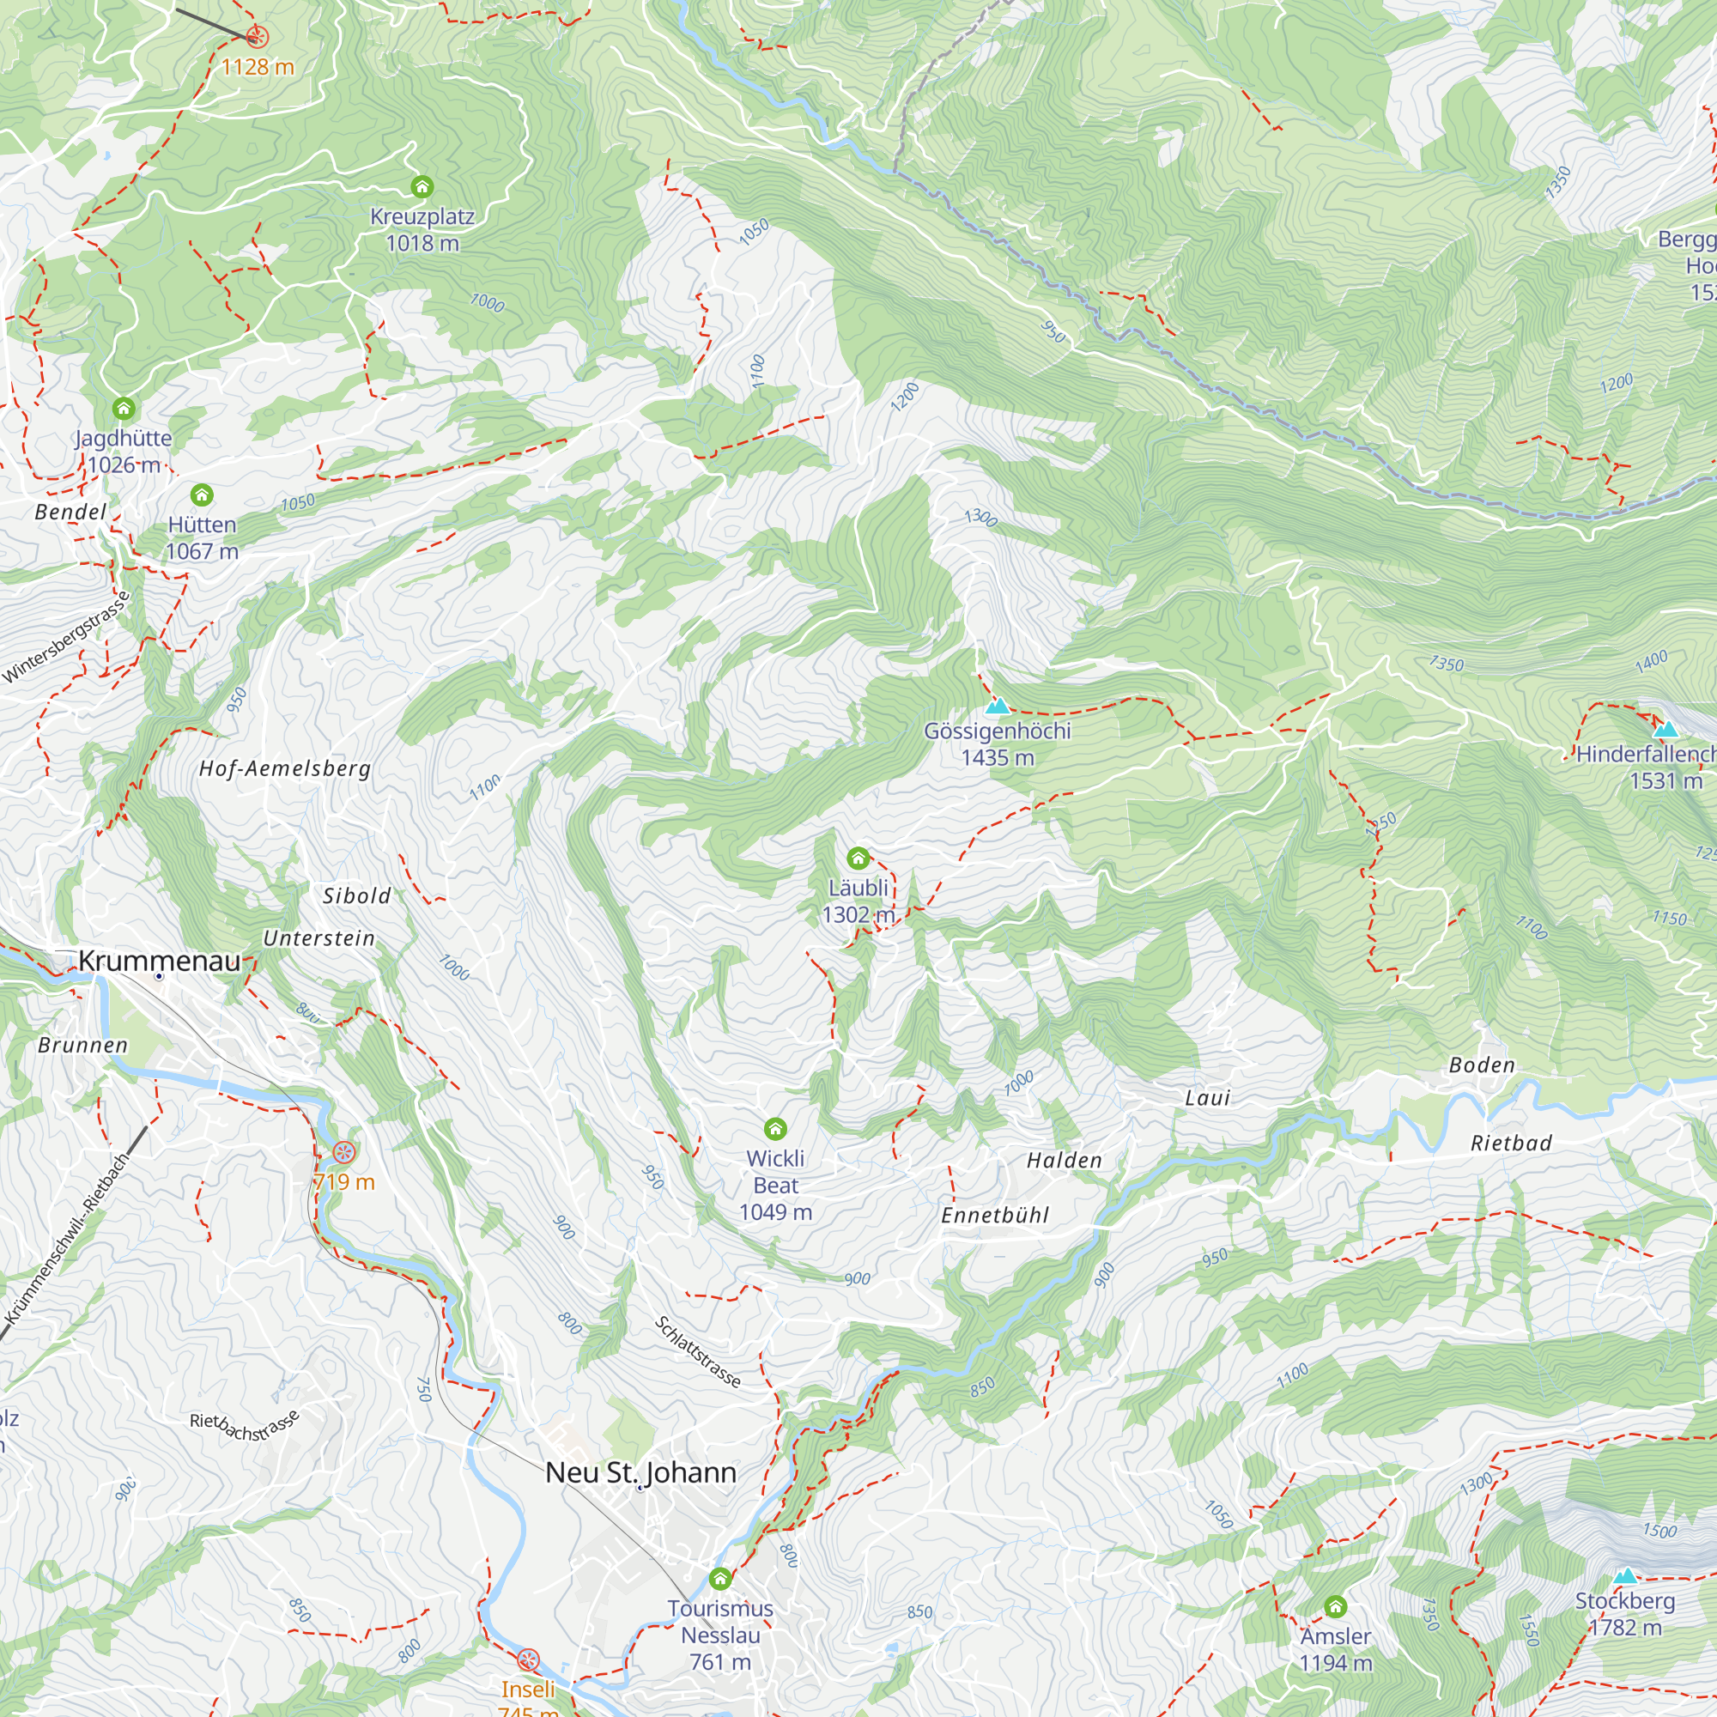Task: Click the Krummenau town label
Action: pos(160,961)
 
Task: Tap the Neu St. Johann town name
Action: pos(640,1472)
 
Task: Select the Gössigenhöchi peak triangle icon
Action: pos(997,707)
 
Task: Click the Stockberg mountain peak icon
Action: pos(1625,1576)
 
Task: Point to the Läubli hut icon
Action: pos(858,858)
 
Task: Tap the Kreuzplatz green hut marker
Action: pos(422,186)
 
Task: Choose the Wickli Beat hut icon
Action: pos(776,1129)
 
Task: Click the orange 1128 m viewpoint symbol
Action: pos(257,36)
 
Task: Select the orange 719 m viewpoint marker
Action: pos(344,1153)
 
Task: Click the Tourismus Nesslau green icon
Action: pos(720,1580)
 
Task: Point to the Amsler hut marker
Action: pos(1335,1607)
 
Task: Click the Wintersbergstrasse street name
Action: pos(67,637)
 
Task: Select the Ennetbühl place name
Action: pos(995,1216)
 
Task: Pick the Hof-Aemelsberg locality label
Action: pos(284,768)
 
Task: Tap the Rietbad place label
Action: pos(1511,1144)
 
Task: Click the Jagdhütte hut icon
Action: pos(124,409)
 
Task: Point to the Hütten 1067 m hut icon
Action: pos(202,495)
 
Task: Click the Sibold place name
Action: pos(356,895)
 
